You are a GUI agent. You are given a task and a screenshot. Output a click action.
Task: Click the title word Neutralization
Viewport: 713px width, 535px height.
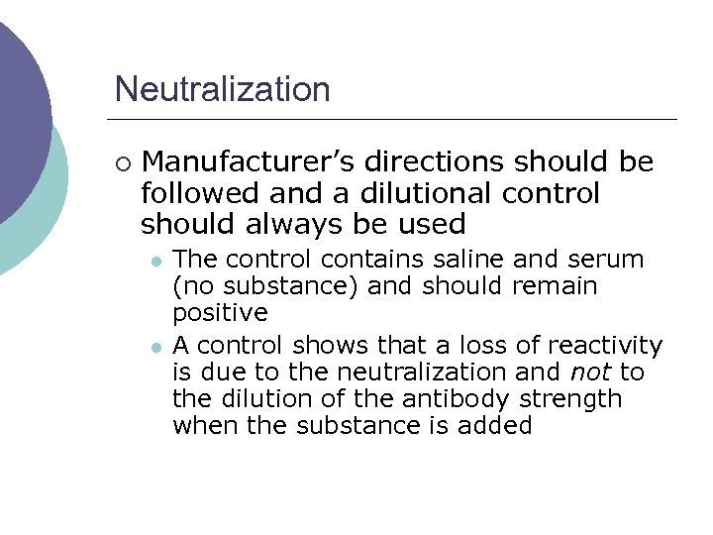point(222,89)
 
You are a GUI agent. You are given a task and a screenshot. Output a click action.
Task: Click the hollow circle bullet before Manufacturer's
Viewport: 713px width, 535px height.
point(122,163)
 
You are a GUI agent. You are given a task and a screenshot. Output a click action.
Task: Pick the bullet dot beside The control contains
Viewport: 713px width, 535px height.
point(155,261)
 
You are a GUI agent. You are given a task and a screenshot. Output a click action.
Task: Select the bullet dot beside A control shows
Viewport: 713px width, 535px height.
point(155,346)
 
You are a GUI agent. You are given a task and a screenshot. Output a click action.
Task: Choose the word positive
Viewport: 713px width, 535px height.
point(220,314)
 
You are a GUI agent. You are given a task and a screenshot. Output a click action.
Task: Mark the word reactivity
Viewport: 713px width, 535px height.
point(611,346)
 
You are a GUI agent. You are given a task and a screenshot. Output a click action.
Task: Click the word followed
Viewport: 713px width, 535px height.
point(198,193)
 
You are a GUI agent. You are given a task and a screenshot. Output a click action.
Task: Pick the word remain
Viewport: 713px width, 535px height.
point(555,287)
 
